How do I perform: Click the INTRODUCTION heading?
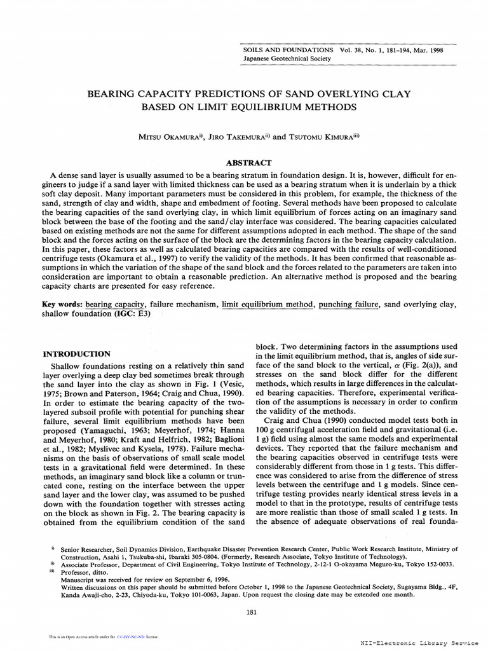click(76, 353)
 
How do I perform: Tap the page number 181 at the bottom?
click(250, 612)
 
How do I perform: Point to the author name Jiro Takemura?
click(239, 136)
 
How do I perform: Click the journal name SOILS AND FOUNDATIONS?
click(288, 50)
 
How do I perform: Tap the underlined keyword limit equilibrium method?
click(268, 305)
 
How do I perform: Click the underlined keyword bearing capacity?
click(116, 305)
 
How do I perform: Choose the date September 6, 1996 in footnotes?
click(200, 580)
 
